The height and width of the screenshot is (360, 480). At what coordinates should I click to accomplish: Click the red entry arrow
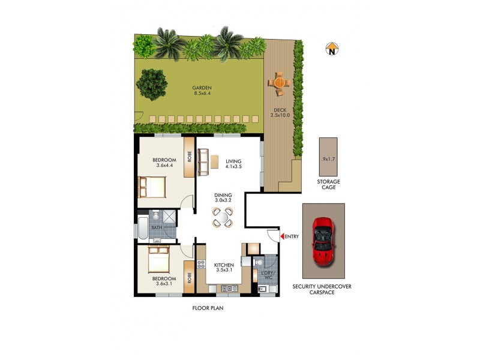281,236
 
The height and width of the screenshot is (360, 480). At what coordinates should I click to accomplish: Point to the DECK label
280,110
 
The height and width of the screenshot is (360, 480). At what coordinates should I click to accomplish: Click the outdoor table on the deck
280,83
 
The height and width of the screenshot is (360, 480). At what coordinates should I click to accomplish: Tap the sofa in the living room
203,162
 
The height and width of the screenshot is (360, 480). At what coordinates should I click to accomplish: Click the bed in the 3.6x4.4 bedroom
152,187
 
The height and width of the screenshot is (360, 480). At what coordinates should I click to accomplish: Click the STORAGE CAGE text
328,184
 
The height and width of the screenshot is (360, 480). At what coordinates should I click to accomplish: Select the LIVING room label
233,161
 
